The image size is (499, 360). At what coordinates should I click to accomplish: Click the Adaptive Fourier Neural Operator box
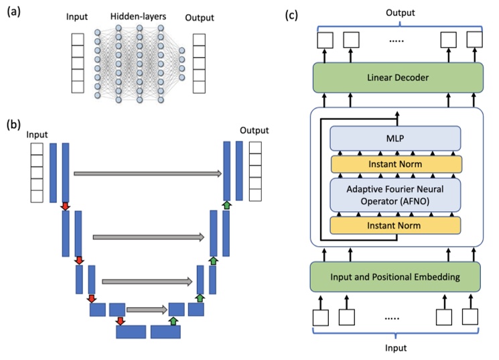coord(396,194)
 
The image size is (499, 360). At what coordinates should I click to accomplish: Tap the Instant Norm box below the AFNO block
coord(396,225)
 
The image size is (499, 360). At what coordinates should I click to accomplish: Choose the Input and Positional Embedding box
coord(395,276)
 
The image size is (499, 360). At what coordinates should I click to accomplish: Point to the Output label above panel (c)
coord(395,11)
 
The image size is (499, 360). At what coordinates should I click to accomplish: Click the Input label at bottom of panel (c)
coord(395,348)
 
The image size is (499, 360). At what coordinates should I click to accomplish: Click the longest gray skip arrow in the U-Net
coord(147,173)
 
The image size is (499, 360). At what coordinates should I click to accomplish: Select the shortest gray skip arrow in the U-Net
coord(146,310)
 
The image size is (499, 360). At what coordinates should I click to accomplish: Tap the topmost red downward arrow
coord(65,206)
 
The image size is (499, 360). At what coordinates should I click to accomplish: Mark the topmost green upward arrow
coord(226,204)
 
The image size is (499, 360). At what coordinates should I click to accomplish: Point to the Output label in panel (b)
coord(254,130)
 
